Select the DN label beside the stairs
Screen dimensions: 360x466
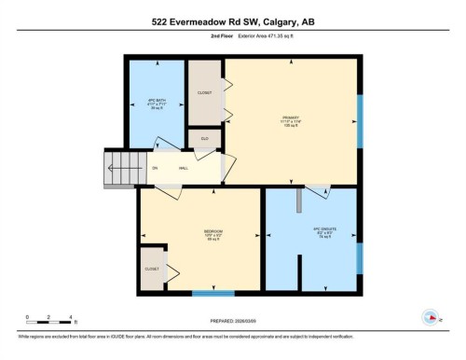[x=155, y=167]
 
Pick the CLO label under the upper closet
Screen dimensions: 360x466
[x=205, y=138]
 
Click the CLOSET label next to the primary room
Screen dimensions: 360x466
[x=205, y=92]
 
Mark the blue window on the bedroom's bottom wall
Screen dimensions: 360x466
[x=212, y=294]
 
